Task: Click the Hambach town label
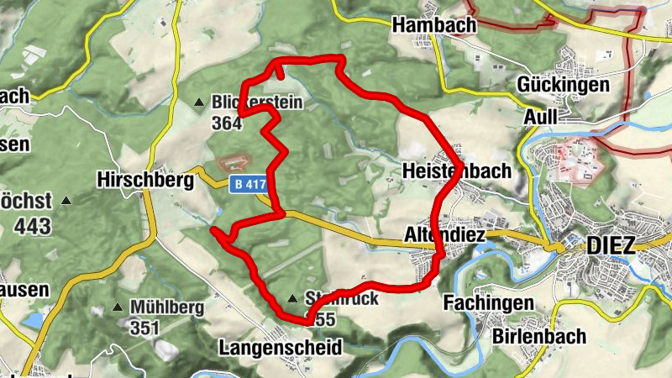[x=433, y=25]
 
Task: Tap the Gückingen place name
[x=575, y=85]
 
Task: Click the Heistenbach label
[x=456, y=171]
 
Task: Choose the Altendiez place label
[x=444, y=234]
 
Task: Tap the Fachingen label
[x=489, y=302]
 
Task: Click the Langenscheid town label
[x=280, y=347]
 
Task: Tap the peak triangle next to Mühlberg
[x=118, y=308]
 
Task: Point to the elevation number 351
[x=144, y=328]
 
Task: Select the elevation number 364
[x=227, y=123]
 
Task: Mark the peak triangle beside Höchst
[x=66, y=202]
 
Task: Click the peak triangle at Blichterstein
[x=200, y=102]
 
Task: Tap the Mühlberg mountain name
[x=166, y=307]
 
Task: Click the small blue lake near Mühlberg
[x=33, y=321]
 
